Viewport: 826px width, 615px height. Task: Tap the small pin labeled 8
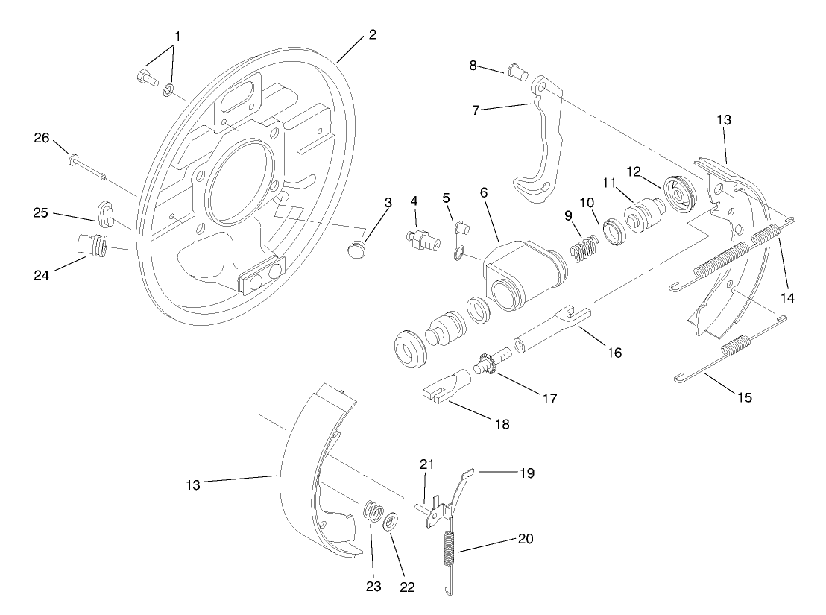tap(517, 74)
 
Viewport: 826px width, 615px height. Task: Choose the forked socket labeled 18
tap(445, 388)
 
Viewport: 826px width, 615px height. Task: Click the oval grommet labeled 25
tap(106, 210)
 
